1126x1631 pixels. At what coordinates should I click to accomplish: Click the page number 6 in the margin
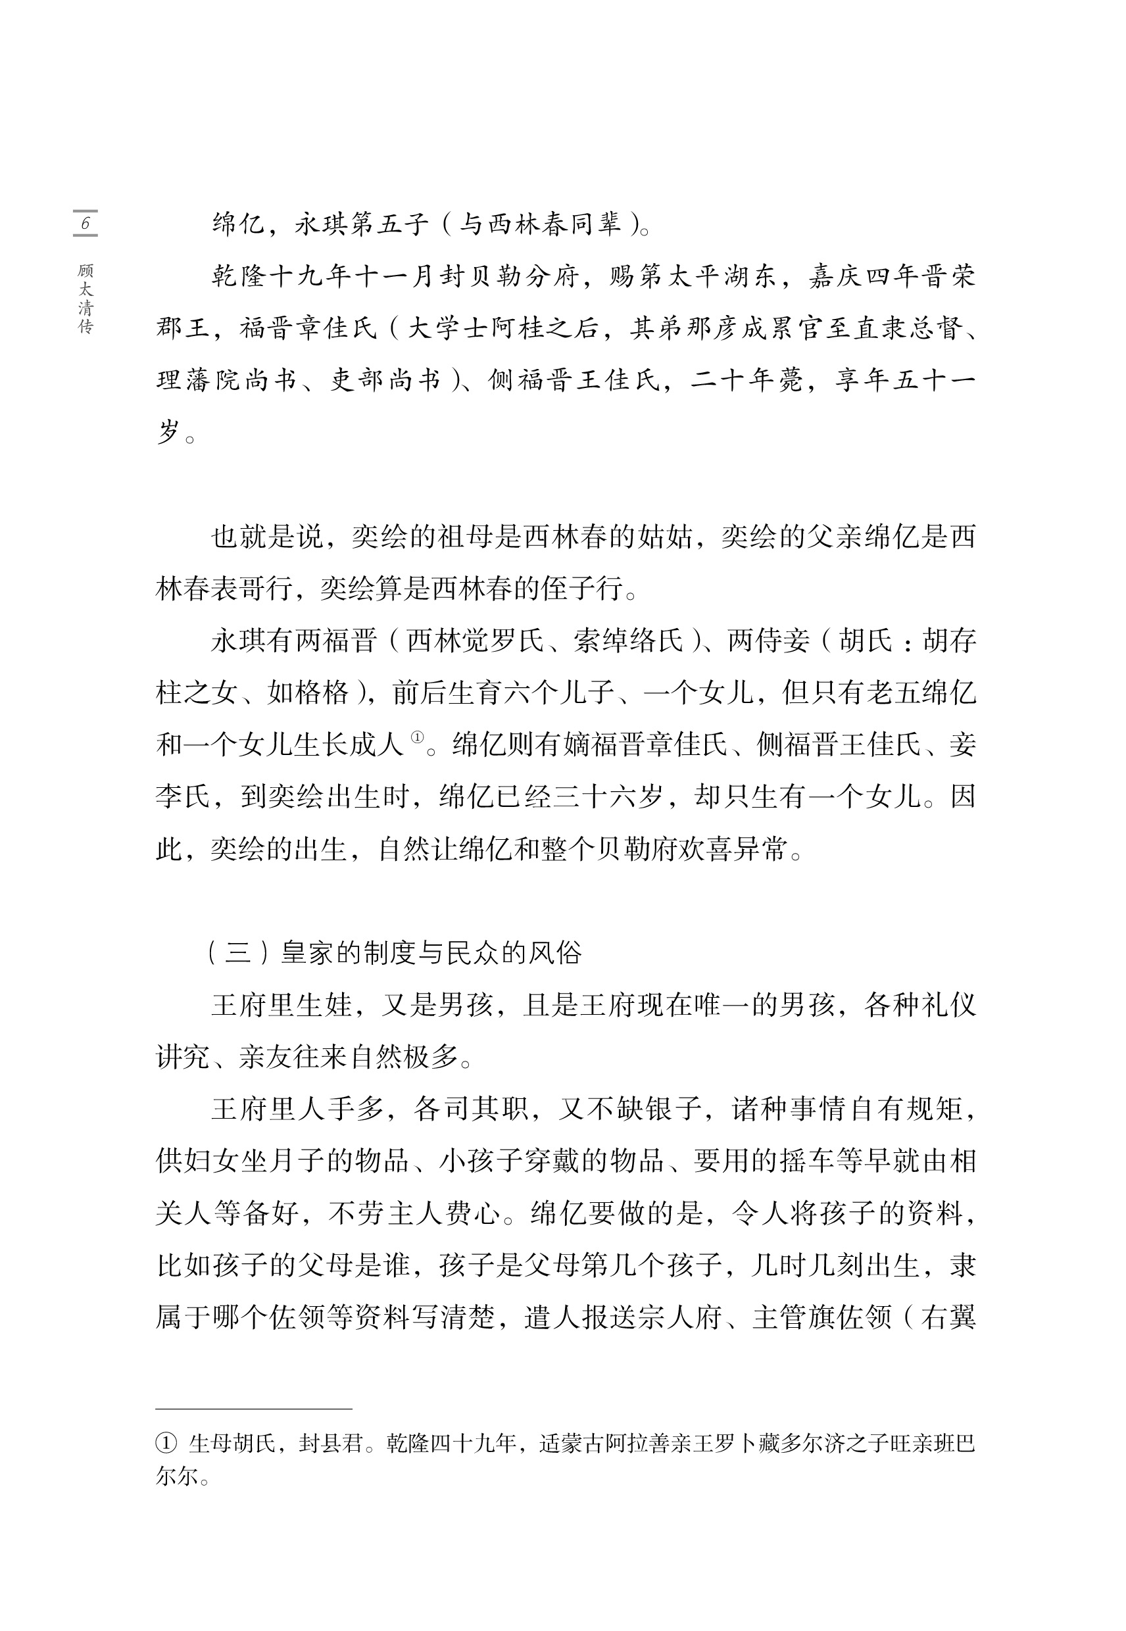pos(86,224)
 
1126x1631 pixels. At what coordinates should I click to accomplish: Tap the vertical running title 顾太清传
pos(86,299)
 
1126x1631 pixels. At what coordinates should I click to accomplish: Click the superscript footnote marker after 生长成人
pos(417,737)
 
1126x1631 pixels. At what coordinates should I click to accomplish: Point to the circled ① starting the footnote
pos(165,1443)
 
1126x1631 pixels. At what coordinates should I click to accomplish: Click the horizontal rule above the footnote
pos(253,1408)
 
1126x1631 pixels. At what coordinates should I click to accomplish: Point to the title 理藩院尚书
pos(226,380)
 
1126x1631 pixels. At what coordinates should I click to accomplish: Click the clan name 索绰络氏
pos(629,641)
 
